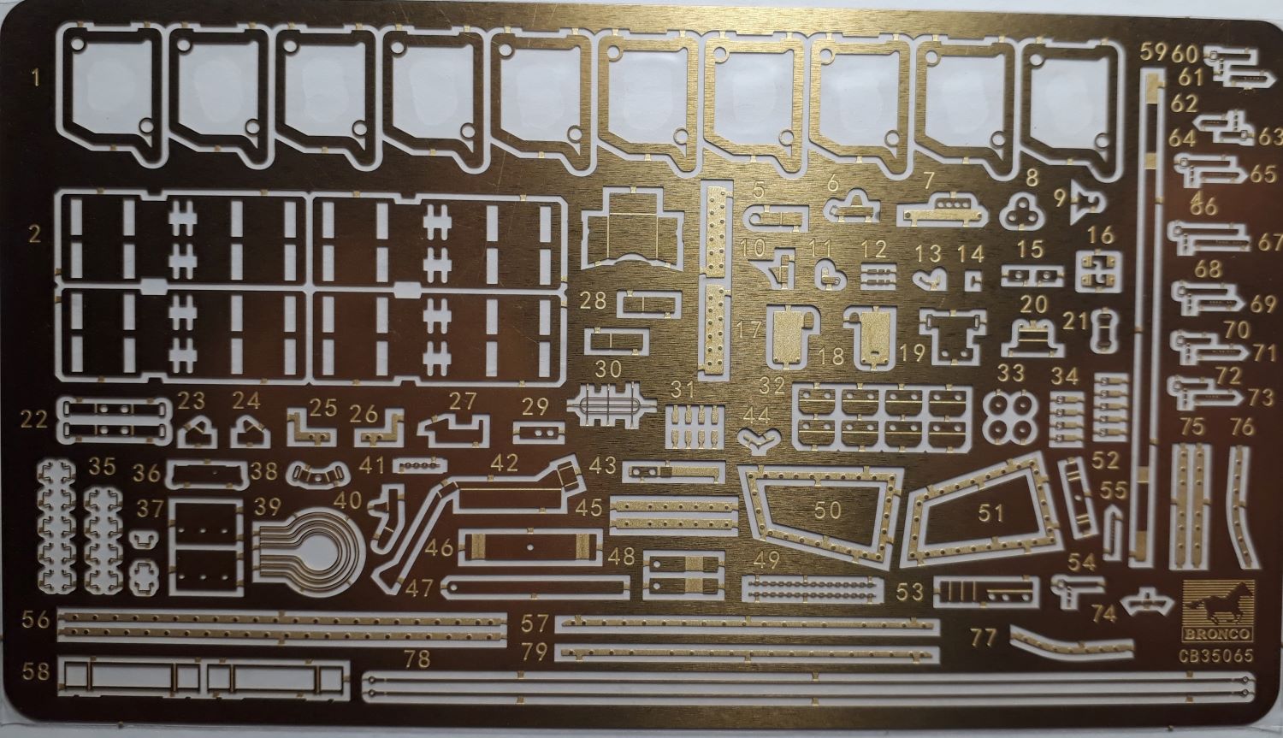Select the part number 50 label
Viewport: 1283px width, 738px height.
(828, 511)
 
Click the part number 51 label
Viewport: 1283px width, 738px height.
(990, 513)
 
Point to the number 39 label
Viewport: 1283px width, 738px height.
(268, 505)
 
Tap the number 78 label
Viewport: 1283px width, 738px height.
(418, 659)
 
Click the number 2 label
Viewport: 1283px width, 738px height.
(36, 233)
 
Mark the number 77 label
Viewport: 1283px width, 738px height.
(985, 637)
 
